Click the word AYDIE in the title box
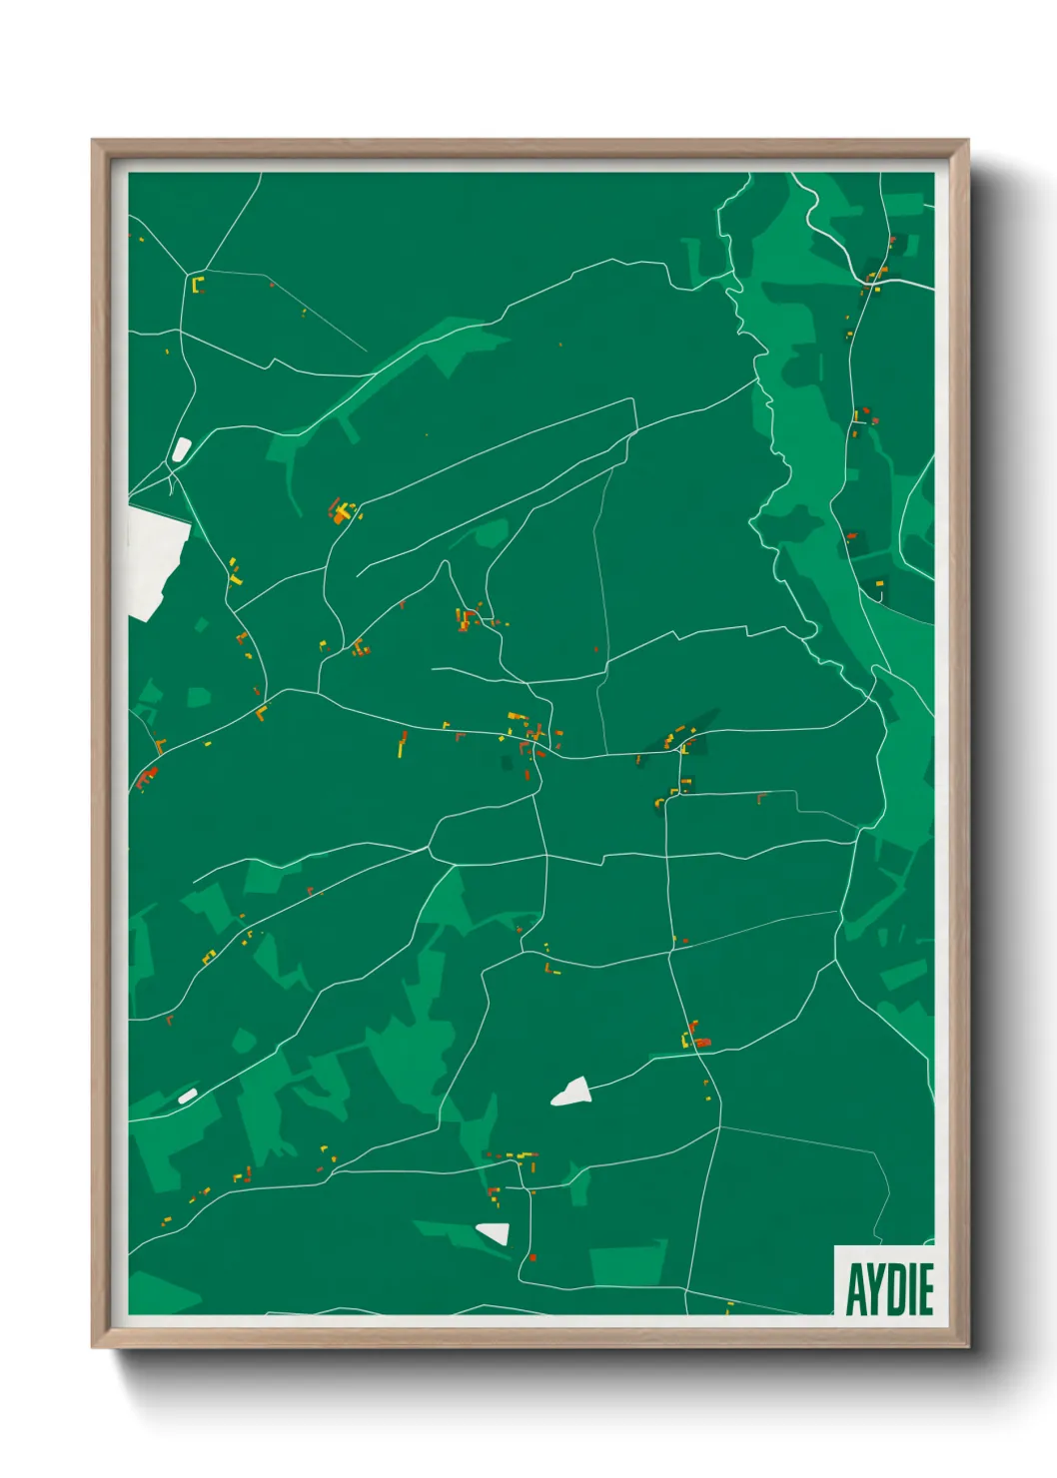tap(889, 1289)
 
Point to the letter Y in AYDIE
tap(873, 1289)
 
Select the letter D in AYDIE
tap(892, 1289)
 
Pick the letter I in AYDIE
tap(908, 1289)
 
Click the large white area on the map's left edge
tap(155, 559)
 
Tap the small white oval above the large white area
tap(181, 449)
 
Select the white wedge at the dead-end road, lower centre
tap(572, 1092)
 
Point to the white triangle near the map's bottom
tap(495, 1232)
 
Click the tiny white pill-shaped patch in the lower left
tap(187, 1097)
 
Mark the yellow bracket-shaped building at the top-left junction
tap(197, 285)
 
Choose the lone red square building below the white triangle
tap(532, 1257)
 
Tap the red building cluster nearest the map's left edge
tap(147, 775)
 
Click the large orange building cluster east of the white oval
tap(343, 512)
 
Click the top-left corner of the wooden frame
tap(93, 141)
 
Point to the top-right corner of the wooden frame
tap(967, 141)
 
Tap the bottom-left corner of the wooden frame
tap(93, 1346)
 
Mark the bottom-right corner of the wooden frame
tap(967, 1346)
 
